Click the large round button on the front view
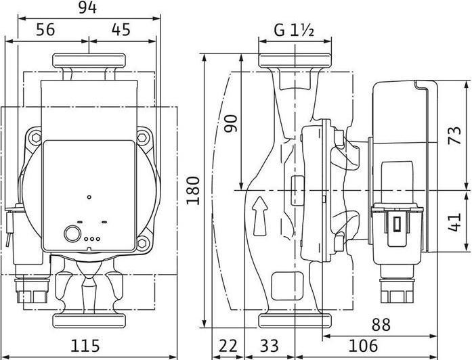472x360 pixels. coord(71,235)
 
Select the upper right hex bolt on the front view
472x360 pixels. coord(142,138)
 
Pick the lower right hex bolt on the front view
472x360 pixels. coord(142,242)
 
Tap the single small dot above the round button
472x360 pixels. coord(89,197)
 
